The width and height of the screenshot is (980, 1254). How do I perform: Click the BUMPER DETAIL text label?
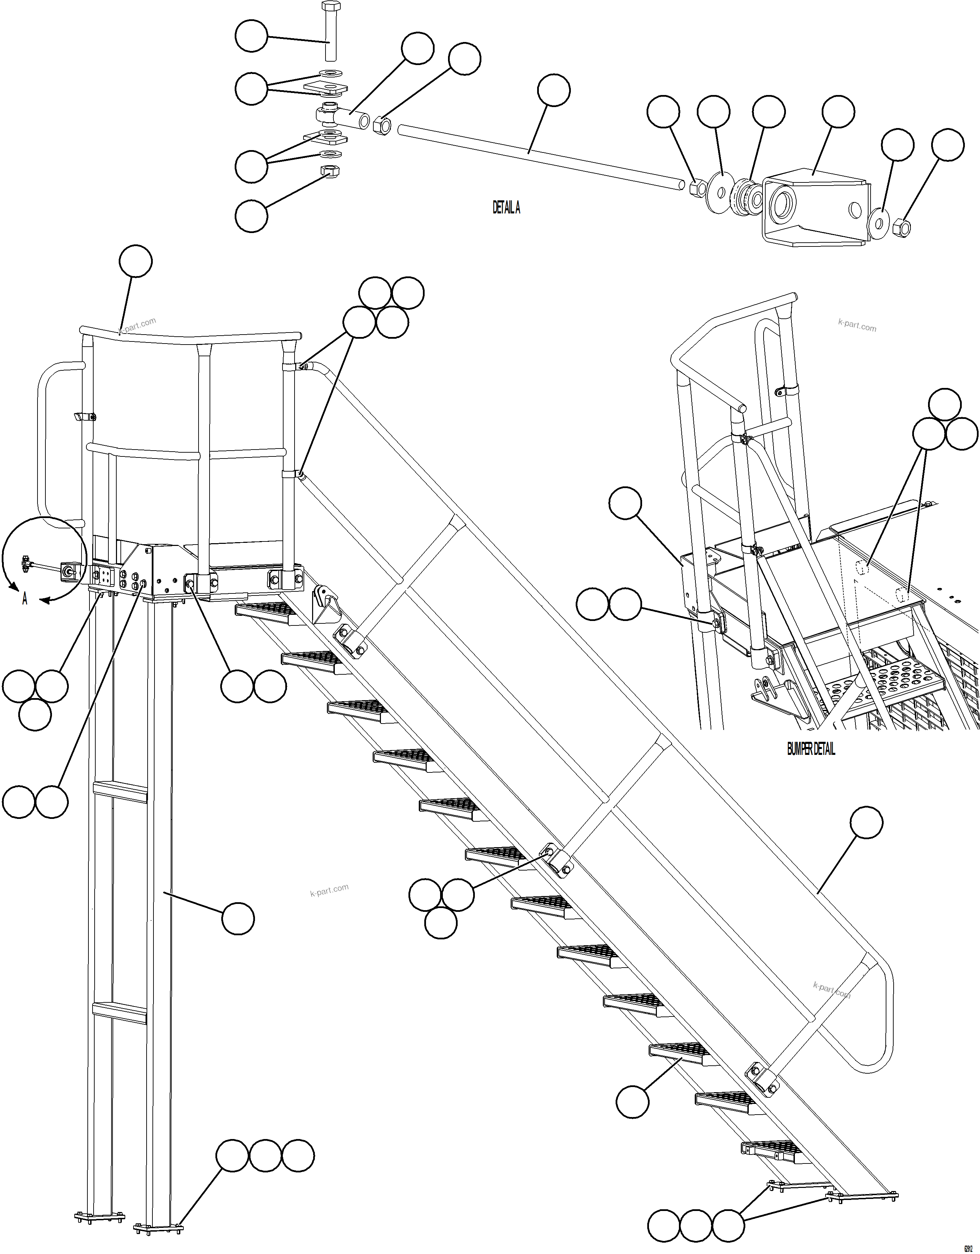(x=811, y=749)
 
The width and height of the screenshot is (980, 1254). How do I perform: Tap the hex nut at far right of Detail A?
(x=902, y=228)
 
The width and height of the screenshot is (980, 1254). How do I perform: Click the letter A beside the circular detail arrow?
(x=25, y=599)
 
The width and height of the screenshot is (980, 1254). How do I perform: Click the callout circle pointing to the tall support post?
(x=238, y=918)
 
